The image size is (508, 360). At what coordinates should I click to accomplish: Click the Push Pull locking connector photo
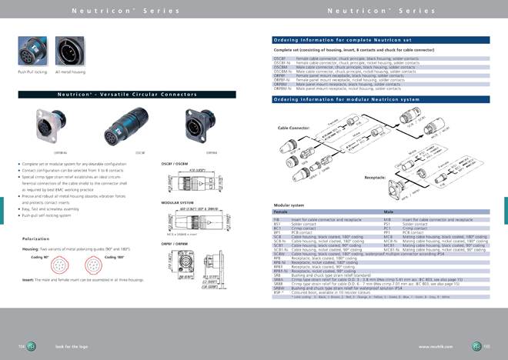pos(32,52)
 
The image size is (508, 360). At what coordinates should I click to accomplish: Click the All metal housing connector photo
pos(70,52)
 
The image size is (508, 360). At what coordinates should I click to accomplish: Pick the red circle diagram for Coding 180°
pos(114,264)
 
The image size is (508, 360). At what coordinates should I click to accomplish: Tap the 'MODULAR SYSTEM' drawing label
pos(175,203)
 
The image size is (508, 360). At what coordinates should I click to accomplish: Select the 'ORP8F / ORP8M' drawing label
pos(175,243)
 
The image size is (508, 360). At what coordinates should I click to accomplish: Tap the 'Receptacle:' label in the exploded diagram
pos(375,177)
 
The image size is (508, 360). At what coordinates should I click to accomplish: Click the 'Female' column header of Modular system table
pos(281,212)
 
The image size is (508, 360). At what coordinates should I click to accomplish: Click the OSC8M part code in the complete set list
pos(280,67)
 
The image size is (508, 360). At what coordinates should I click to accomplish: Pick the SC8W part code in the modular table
pos(279,253)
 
